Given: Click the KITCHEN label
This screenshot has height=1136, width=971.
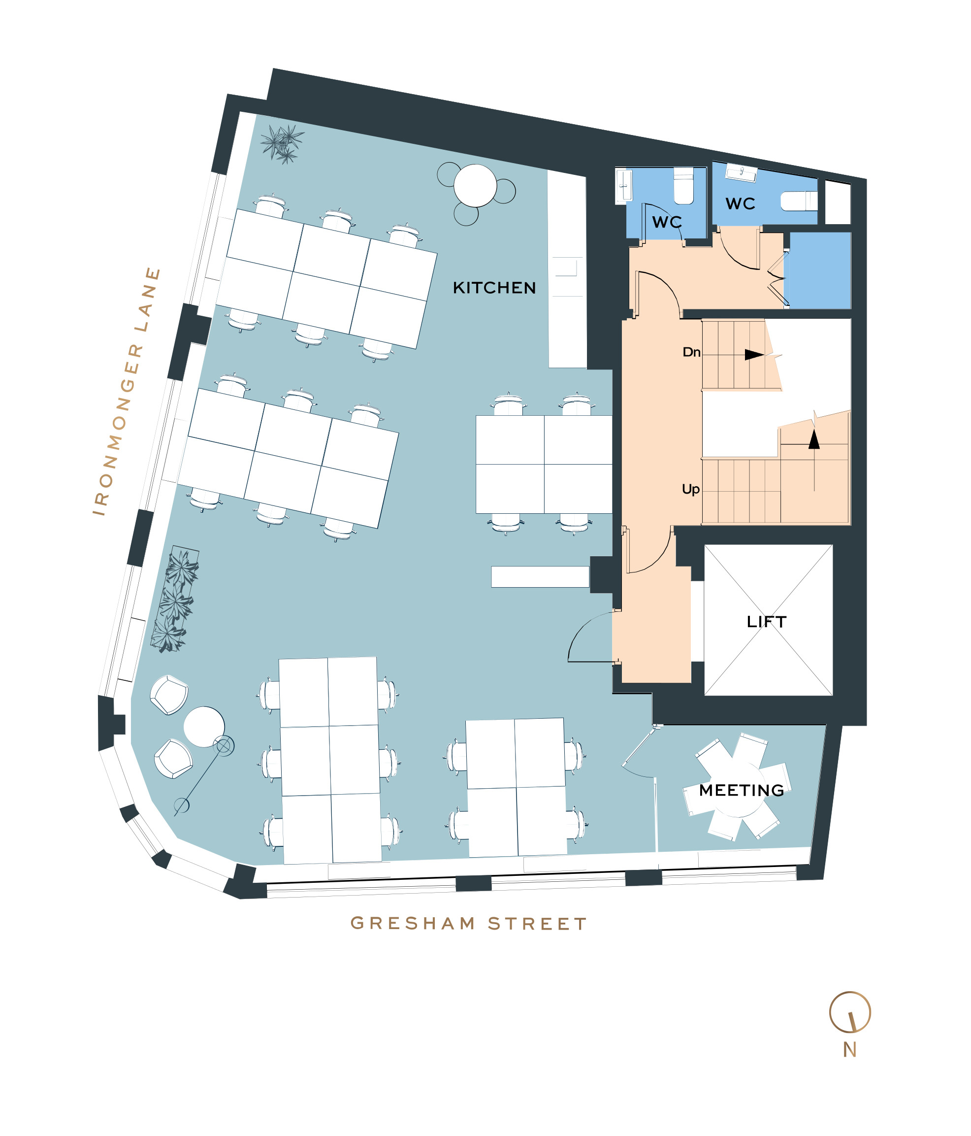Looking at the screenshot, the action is pos(494,288).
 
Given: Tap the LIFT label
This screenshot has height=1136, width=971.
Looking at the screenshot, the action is pos(766,622).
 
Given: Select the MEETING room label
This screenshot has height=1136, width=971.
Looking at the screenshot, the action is pos(742,790).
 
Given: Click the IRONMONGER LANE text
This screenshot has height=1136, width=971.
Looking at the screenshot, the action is pos(127,392).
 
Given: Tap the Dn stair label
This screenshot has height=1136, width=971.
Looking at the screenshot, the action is pos(691,352).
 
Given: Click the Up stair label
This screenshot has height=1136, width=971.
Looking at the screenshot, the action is pos(690,489).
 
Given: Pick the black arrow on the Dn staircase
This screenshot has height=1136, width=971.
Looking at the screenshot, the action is pos(754,355).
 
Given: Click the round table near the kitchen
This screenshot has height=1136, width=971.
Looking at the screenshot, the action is pos(475,185).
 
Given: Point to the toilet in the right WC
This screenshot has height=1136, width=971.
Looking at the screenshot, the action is pos(798,200).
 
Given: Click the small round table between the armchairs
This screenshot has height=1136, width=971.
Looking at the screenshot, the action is pos(204,727).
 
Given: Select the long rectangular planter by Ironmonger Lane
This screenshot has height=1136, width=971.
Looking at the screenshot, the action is pos(175,599).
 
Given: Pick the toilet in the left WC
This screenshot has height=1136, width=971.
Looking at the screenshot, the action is pos(683,186).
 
